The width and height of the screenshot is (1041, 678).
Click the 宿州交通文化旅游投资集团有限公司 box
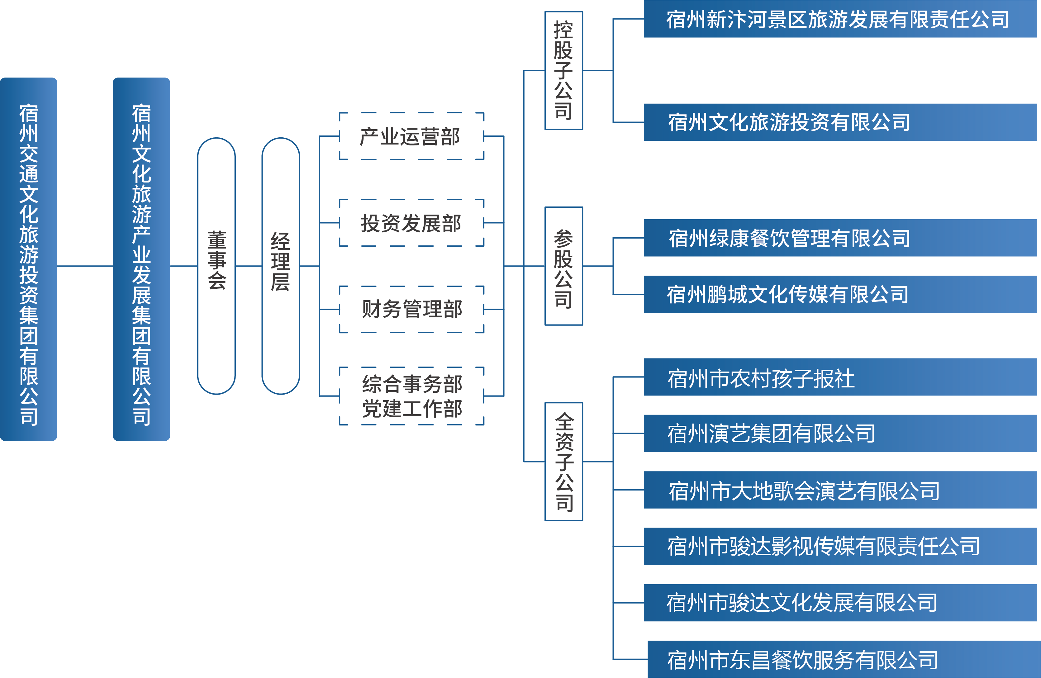(x=28, y=259)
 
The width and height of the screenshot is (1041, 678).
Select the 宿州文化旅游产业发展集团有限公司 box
(x=141, y=259)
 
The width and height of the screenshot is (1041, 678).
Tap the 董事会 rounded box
(x=216, y=266)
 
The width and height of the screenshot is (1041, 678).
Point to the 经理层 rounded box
(x=280, y=266)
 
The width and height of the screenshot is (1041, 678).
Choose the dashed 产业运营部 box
(x=411, y=136)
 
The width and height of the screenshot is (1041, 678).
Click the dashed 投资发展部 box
(x=411, y=223)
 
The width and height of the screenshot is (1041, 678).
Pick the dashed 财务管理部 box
(x=411, y=309)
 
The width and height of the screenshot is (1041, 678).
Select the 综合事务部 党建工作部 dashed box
(x=411, y=396)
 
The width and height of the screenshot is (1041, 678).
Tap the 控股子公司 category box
(x=563, y=70)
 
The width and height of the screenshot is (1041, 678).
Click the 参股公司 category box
(x=563, y=266)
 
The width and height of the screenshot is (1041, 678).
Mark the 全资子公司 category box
(x=563, y=462)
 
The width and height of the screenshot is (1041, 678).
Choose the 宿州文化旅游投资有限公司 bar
(x=840, y=122)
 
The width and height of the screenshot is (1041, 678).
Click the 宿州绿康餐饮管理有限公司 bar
(x=840, y=238)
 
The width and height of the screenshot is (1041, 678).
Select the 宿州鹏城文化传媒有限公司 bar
(x=840, y=294)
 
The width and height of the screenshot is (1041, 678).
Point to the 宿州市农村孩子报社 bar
(x=840, y=377)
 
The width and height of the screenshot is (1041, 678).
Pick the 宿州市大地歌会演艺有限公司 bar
(x=840, y=490)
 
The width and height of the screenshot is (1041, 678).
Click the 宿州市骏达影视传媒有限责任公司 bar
(x=840, y=546)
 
